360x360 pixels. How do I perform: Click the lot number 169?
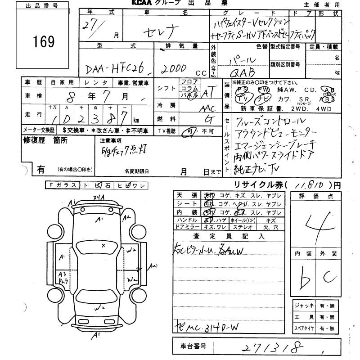pyautogui.click(x=44, y=42)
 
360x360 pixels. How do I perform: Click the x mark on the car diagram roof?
pyautogui.click(x=103, y=245)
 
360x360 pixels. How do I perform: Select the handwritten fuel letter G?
pyautogui.click(x=207, y=120)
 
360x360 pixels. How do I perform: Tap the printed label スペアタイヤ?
pyautogui.click(x=304, y=329)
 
